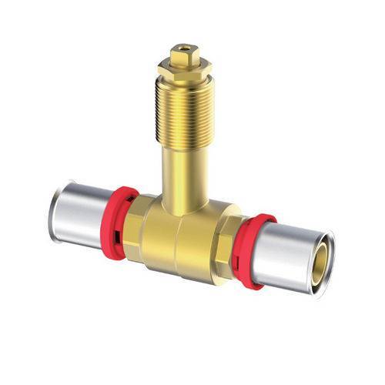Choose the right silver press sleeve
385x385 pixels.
(289, 258)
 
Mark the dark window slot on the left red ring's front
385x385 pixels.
(113, 231)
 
